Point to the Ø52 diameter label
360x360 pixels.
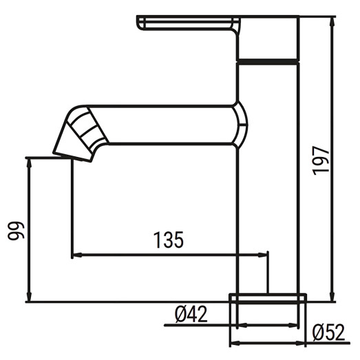[328, 333]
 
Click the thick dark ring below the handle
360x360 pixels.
[268, 61]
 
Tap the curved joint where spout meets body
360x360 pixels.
[241, 125]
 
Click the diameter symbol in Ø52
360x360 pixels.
[319, 333]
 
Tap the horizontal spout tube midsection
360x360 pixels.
[169, 125]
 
